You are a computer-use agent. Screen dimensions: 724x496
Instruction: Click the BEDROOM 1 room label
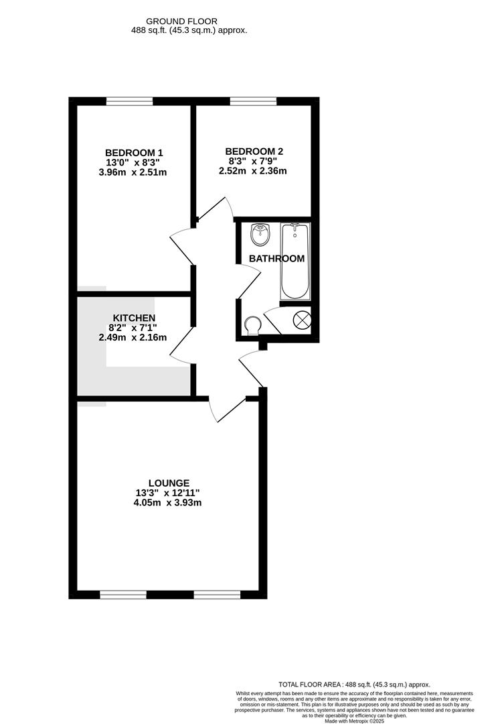(x=134, y=152)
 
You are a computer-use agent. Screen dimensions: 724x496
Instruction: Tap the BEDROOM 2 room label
(x=254, y=152)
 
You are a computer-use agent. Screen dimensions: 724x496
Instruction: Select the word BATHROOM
(x=276, y=258)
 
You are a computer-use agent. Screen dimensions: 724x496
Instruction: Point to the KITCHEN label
(x=134, y=318)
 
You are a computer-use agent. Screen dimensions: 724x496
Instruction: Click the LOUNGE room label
(x=169, y=483)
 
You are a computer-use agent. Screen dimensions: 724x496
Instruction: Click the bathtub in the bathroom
(x=295, y=261)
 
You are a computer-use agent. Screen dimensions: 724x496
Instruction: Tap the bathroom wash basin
(x=259, y=234)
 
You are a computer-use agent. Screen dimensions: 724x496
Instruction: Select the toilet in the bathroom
(x=251, y=326)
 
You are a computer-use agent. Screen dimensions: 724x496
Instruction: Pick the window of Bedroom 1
(x=129, y=101)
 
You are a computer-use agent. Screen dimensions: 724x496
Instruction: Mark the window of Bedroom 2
(x=253, y=101)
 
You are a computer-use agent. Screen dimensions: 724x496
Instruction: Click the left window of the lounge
(x=123, y=594)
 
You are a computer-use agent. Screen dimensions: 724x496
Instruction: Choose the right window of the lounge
(x=217, y=594)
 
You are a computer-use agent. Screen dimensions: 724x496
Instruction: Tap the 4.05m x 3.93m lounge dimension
(x=169, y=503)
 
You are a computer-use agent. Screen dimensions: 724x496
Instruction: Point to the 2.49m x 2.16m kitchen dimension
(x=133, y=337)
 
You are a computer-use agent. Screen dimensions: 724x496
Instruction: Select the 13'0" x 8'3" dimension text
(x=134, y=162)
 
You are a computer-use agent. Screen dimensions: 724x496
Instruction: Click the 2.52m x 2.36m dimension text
(x=253, y=171)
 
